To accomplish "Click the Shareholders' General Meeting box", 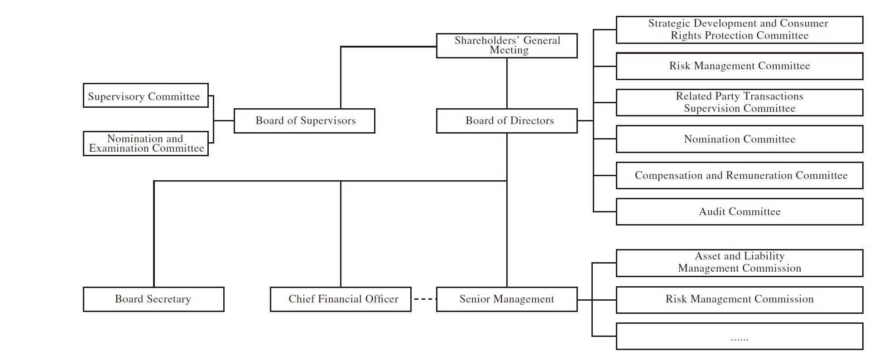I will pyautogui.click(x=506, y=45).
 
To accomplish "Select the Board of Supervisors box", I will pyautogui.click(x=304, y=121).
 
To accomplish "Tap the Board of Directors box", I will pyautogui.click(x=506, y=121).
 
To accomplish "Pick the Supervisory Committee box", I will pyautogui.click(x=145, y=96).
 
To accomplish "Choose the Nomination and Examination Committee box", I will pyautogui.click(x=145, y=144).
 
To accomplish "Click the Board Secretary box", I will pyautogui.click(x=154, y=299).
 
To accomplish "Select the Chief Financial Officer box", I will pyautogui.click(x=341, y=299).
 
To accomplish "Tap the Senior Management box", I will pyautogui.click(x=506, y=299).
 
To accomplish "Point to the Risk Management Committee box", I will pyautogui.click(x=739, y=66).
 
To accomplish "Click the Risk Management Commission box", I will pyautogui.click(x=739, y=299).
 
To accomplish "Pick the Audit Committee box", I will pyautogui.click(x=739, y=211).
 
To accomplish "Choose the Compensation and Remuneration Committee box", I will pyautogui.click(x=739, y=175).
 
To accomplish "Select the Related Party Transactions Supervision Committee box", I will pyautogui.click(x=739, y=102).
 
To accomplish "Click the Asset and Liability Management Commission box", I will pyautogui.click(x=739, y=263).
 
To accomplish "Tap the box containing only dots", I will pyautogui.click(x=739, y=336).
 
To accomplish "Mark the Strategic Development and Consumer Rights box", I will pyautogui.click(x=739, y=30).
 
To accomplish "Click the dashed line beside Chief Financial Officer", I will pyautogui.click(x=424, y=299).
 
